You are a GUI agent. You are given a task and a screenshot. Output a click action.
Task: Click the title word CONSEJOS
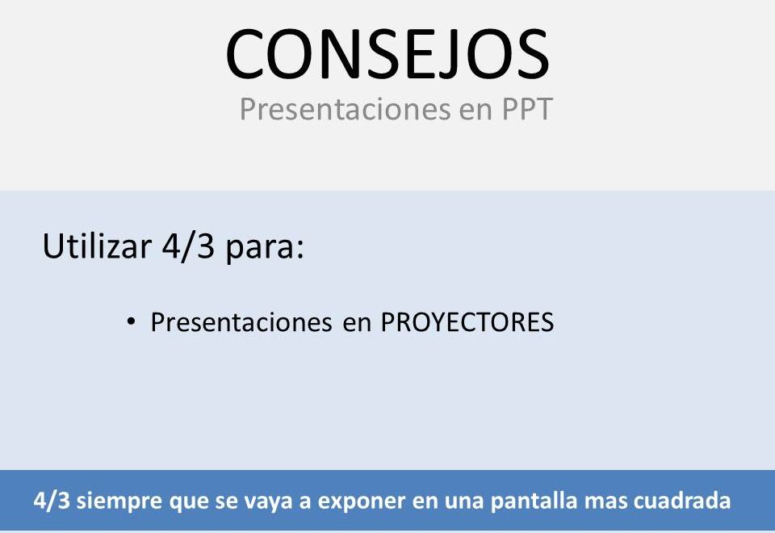coord(387,54)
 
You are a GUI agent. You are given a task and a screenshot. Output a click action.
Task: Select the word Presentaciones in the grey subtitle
coord(345,109)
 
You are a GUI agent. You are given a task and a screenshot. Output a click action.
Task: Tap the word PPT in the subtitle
coord(527,109)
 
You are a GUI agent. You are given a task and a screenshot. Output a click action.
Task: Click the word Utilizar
coord(97,246)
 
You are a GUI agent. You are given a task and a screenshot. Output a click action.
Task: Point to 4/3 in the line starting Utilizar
coord(188,246)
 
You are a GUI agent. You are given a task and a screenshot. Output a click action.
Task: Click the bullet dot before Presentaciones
coord(131,322)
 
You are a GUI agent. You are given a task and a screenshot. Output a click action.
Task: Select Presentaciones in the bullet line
coord(241,322)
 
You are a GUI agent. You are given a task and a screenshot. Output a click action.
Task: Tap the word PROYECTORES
coord(467,322)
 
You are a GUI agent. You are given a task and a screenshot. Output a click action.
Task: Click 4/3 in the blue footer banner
coord(52,501)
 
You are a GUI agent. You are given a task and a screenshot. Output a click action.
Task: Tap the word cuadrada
coord(682,501)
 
